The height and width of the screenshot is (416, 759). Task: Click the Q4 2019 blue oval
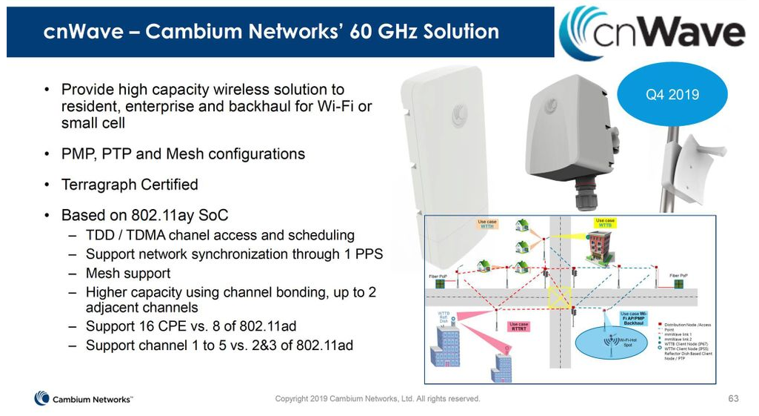[672, 95]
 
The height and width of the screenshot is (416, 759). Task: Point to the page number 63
[733, 399]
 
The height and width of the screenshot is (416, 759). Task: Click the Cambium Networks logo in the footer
[83, 399]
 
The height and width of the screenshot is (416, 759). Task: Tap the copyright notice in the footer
[378, 399]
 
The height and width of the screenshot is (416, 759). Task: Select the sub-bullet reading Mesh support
[128, 274]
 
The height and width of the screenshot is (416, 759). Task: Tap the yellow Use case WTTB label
[605, 222]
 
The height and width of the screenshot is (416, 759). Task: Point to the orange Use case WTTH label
[487, 223]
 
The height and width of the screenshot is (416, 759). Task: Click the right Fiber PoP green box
[678, 284]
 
